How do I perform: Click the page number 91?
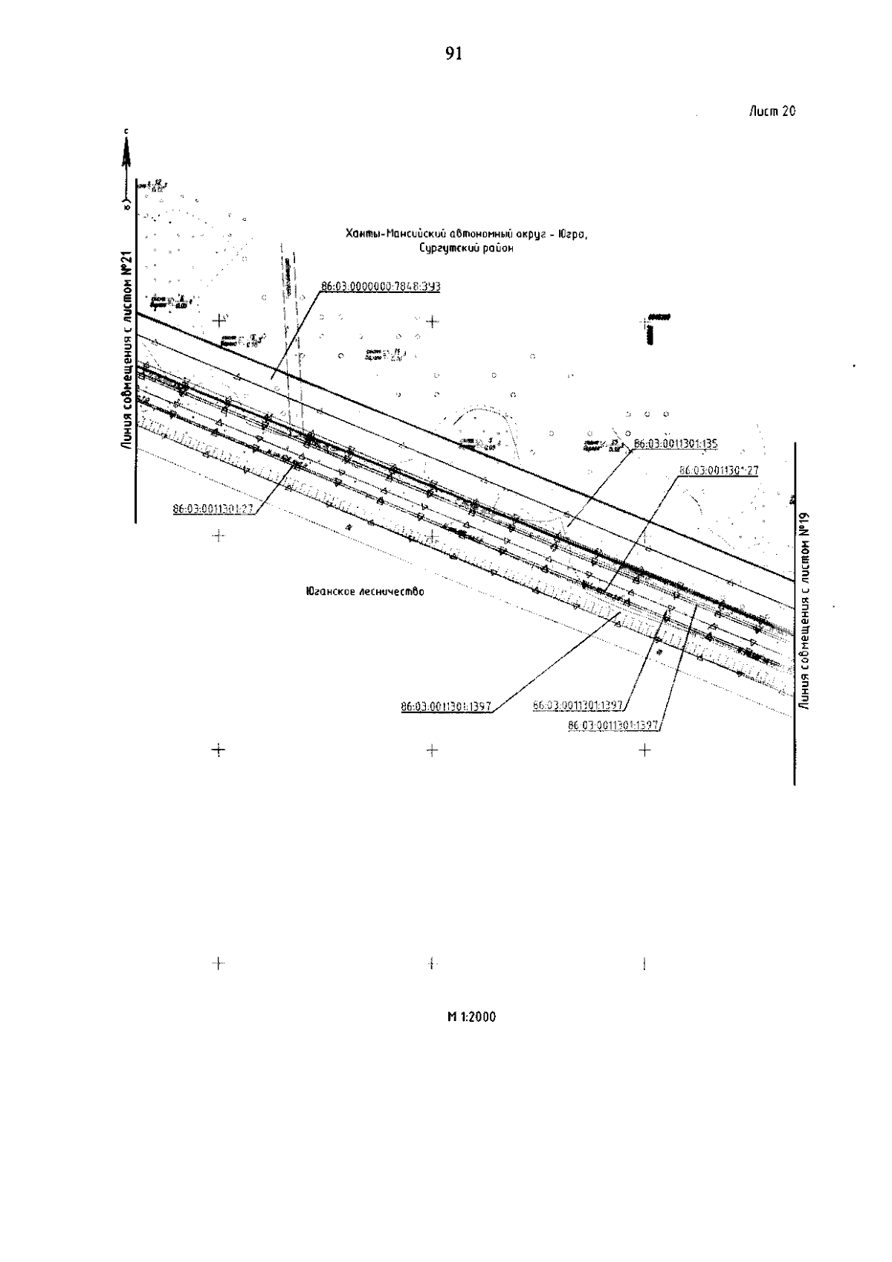453,54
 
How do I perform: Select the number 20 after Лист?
789,112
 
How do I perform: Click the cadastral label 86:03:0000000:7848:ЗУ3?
381,286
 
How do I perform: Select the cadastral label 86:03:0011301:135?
675,444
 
